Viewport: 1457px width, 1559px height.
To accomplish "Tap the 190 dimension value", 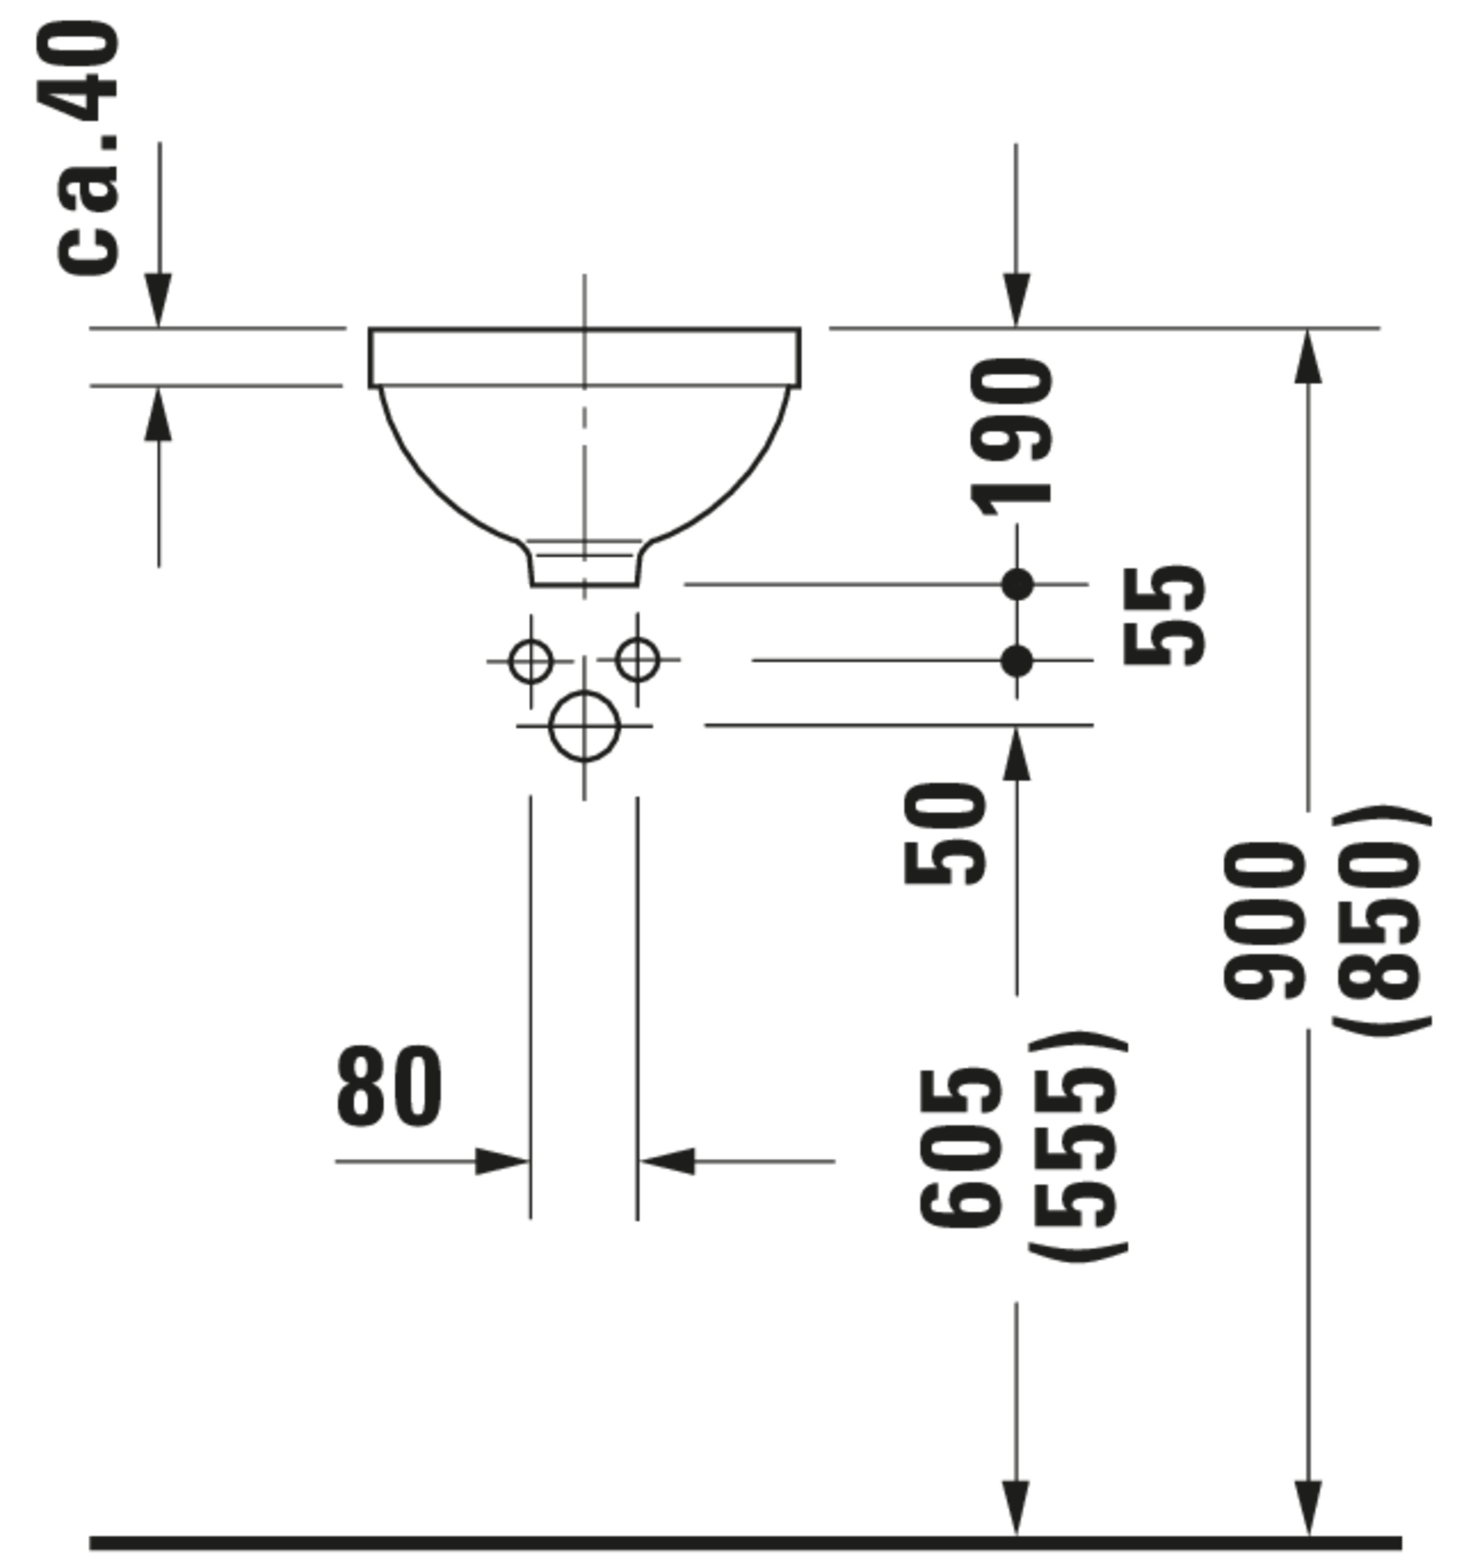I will [x=1012, y=436].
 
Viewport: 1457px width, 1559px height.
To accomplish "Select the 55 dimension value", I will [x=1164, y=616].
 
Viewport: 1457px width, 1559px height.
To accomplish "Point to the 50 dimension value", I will [x=944, y=834].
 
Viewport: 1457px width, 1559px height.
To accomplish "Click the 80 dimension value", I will [x=389, y=1087].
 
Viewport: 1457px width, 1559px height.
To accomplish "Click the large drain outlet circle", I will [x=584, y=726].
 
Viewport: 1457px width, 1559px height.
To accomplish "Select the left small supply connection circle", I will [x=530, y=660].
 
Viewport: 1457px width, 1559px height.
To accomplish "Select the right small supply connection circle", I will [x=637, y=659].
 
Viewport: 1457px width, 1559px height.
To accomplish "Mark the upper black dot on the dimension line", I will [x=1018, y=584].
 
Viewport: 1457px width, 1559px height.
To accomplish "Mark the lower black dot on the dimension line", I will [x=1018, y=660].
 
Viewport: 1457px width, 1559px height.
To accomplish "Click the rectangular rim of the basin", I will [x=584, y=358].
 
